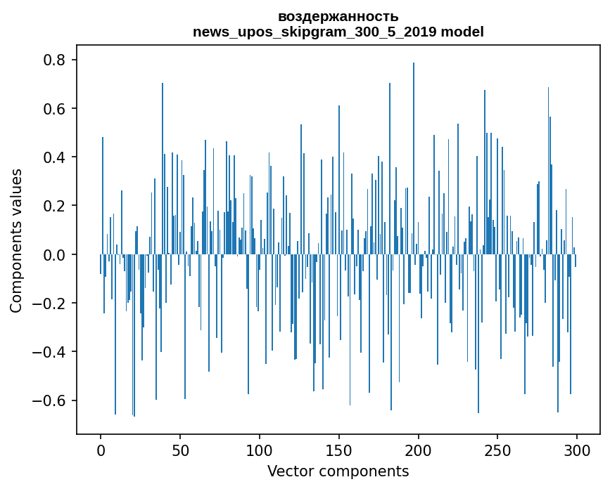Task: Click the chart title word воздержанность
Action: click(x=338, y=16)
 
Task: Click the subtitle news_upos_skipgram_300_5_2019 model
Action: click(x=338, y=32)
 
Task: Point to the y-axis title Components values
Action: click(x=15, y=240)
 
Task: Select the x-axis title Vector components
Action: click(x=338, y=471)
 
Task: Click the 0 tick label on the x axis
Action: click(x=101, y=450)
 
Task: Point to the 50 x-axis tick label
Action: click(x=180, y=450)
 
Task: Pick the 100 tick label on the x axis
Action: click(x=260, y=450)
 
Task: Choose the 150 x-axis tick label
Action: click(x=339, y=450)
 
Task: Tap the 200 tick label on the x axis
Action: click(x=419, y=450)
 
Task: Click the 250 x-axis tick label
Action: click(x=498, y=450)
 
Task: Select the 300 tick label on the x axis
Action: click(x=578, y=450)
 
